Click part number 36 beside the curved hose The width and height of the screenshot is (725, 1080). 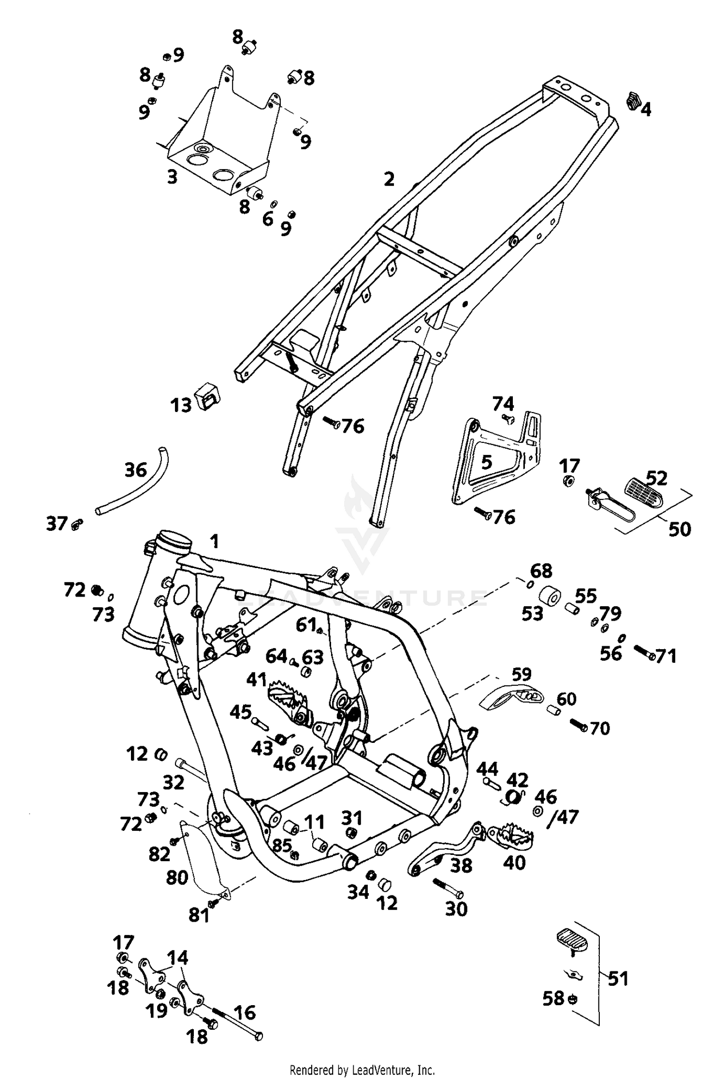click(x=135, y=470)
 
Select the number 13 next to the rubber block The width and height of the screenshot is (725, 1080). click(x=181, y=405)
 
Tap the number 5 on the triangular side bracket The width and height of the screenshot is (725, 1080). click(x=487, y=462)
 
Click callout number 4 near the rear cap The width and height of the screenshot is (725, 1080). click(x=646, y=110)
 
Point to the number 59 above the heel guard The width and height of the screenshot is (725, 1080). click(x=521, y=674)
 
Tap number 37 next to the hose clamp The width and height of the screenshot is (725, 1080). click(x=56, y=524)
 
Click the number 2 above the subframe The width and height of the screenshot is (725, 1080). click(x=389, y=179)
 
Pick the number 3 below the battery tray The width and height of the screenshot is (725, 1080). click(x=172, y=177)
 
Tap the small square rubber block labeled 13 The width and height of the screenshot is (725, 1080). click(x=206, y=397)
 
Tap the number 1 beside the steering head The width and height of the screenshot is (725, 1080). click(x=214, y=541)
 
